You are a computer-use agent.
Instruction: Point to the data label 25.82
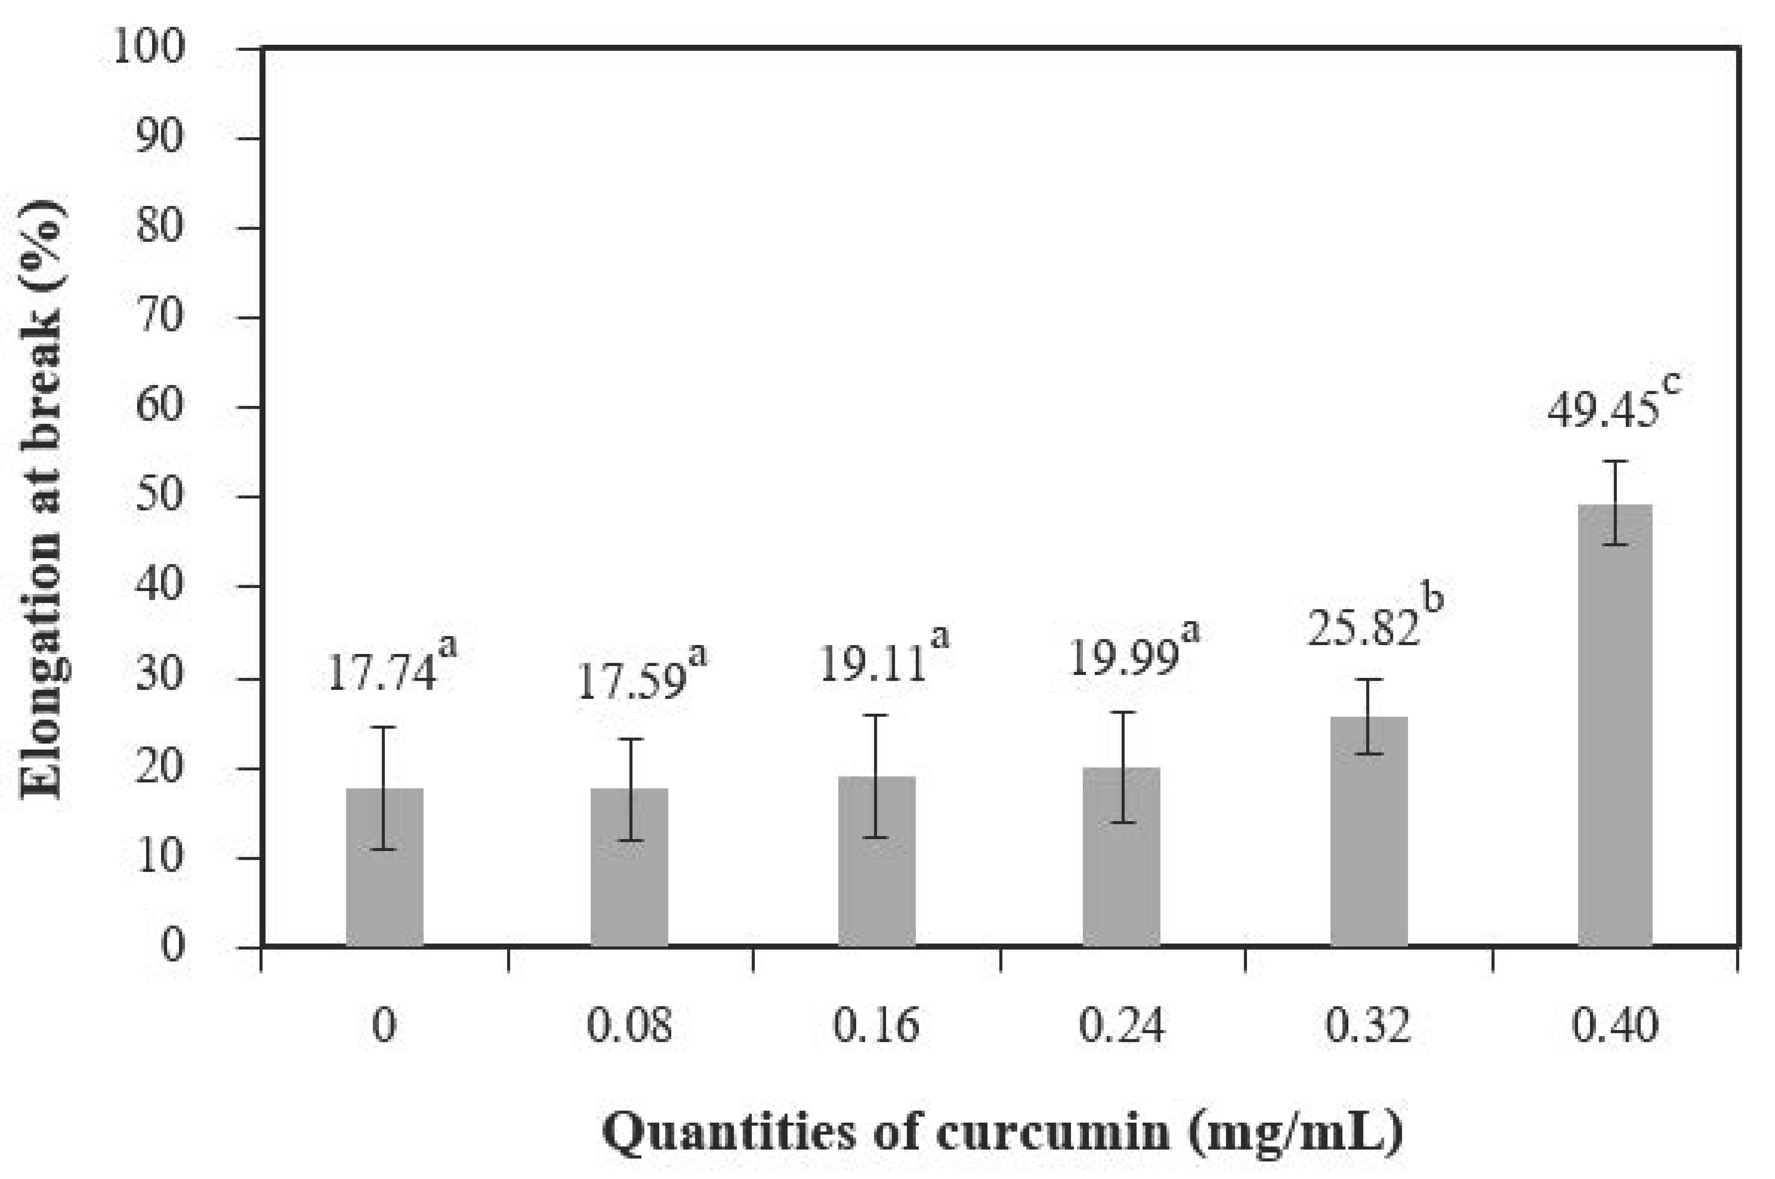click(x=1363, y=628)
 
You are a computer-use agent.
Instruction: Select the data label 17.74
click(x=382, y=673)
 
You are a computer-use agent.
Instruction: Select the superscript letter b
click(x=1433, y=599)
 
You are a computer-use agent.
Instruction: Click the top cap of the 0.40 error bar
click(x=1615, y=461)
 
